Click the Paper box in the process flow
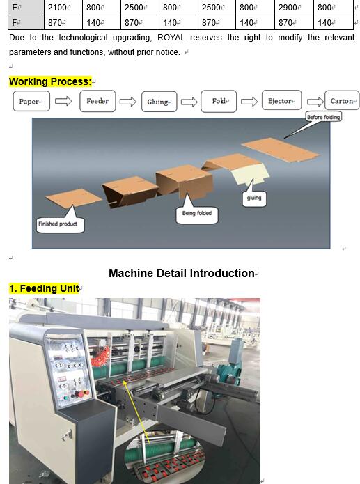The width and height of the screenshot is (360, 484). point(31,101)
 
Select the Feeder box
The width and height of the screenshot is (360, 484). point(97,101)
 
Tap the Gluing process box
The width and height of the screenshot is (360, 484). point(159,102)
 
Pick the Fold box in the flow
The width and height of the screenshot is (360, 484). point(219,101)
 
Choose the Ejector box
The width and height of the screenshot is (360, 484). point(281,100)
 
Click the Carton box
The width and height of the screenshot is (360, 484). point(342,100)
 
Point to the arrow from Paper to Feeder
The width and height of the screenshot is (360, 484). point(63,101)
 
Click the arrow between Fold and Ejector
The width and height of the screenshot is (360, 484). point(249,102)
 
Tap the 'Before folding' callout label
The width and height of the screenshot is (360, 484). point(324,117)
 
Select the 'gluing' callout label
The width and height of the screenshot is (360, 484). point(254,198)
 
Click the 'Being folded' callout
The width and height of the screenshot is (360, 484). point(197,214)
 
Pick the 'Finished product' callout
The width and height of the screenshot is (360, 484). point(60,225)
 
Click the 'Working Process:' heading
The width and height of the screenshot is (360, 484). point(50,81)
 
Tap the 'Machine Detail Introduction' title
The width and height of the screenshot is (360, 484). point(182,273)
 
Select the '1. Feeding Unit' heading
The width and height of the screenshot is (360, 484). point(44,288)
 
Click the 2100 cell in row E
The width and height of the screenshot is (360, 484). point(63,7)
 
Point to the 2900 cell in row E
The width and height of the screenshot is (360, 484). point(294,7)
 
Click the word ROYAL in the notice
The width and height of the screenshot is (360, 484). point(171,38)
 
